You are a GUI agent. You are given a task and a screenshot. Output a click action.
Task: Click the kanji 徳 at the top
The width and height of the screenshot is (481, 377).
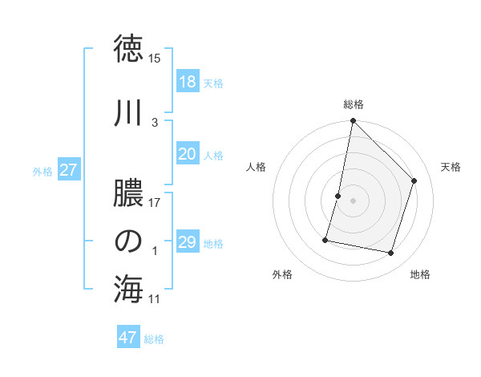point(128,49)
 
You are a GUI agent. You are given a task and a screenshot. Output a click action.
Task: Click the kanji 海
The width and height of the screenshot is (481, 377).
point(128,290)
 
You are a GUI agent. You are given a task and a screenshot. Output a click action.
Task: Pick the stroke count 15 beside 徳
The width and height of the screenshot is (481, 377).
point(155,59)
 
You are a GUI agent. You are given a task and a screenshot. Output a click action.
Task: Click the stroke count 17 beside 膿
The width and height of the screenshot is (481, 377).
point(155,203)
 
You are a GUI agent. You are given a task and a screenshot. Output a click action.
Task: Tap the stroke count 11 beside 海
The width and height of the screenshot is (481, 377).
point(155,299)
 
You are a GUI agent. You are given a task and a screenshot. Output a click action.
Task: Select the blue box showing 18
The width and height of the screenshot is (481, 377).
point(187,82)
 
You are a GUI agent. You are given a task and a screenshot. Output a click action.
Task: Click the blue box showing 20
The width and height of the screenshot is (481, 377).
point(187,154)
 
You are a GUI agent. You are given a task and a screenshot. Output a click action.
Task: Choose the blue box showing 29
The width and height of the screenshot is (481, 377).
point(187,242)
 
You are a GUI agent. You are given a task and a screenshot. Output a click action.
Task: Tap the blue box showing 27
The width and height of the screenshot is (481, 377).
point(68,170)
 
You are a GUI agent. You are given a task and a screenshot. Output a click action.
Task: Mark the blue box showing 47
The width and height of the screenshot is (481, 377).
point(127,338)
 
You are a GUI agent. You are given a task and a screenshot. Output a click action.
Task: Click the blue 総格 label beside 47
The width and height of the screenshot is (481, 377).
point(154,339)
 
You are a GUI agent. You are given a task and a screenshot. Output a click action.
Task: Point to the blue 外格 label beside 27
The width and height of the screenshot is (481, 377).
point(42,171)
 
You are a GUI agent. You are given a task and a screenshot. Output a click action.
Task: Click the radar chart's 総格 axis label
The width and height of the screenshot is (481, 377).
point(353,104)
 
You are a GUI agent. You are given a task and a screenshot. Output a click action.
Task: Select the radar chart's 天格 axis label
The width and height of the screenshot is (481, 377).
point(451,167)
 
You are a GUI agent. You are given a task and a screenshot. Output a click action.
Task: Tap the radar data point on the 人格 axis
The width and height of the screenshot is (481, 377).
point(338,196)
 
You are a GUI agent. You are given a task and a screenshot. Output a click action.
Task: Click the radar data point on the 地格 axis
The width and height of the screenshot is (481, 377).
point(390,253)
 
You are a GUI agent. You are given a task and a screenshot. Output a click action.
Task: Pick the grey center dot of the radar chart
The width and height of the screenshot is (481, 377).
point(353,201)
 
